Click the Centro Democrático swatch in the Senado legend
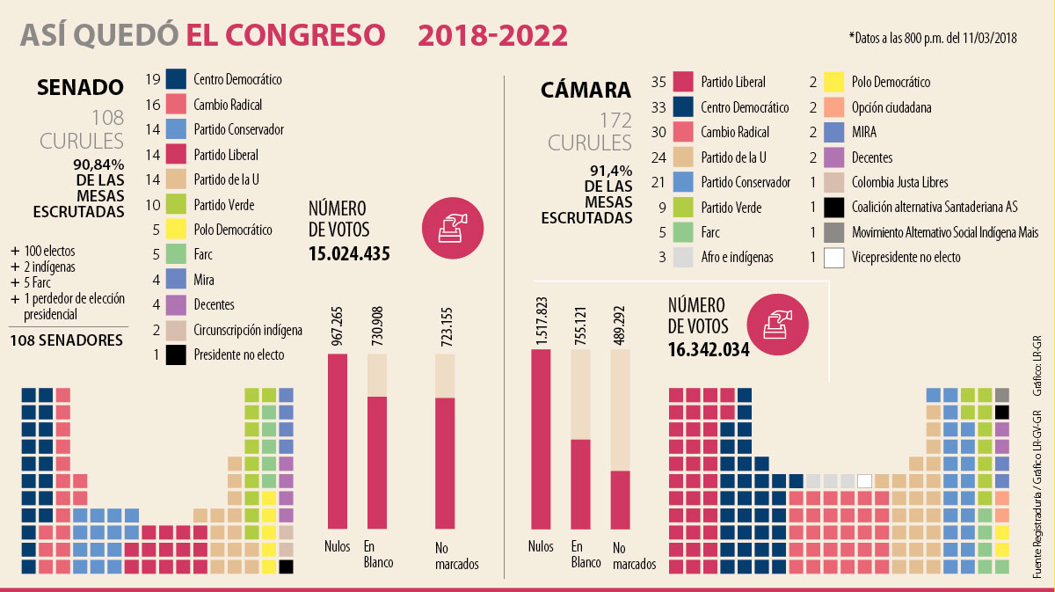click(x=176, y=79)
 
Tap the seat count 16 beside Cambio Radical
click(x=152, y=104)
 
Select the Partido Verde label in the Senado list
click(x=223, y=205)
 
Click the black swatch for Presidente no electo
click(x=176, y=355)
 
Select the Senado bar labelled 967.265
click(x=338, y=440)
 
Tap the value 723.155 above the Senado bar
click(x=445, y=326)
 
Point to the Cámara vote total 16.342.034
click(x=709, y=349)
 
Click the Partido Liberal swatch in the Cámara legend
click(x=684, y=83)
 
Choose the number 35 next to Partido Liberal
click(x=659, y=83)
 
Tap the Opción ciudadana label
click(x=891, y=107)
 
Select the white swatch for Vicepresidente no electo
click(x=834, y=258)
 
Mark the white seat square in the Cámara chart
click(x=864, y=480)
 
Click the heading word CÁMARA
click(x=586, y=90)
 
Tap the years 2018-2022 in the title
click(x=492, y=35)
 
